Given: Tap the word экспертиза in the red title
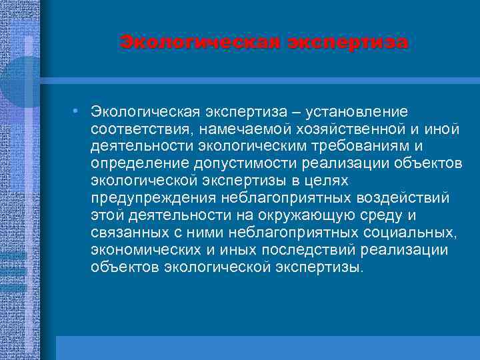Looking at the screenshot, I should point(347,43).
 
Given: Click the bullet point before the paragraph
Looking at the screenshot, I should point(78,109).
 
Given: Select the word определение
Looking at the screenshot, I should point(139,163).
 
